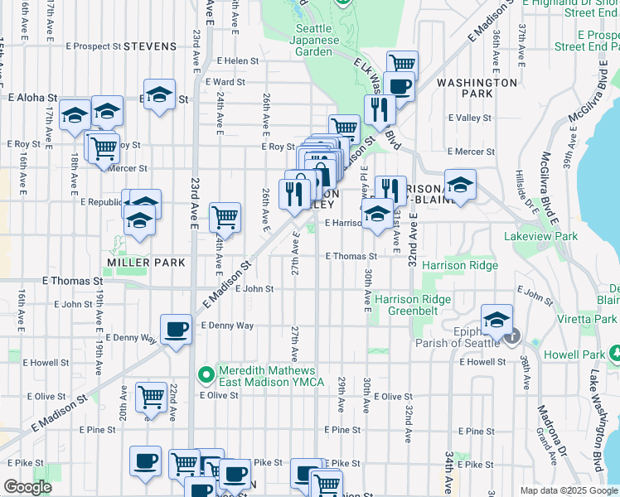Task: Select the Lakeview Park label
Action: click(x=540, y=236)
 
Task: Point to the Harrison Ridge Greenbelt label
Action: click(x=413, y=306)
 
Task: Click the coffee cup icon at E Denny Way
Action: click(x=175, y=330)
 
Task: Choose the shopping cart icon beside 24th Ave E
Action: click(x=225, y=218)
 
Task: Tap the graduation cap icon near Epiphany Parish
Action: click(x=496, y=319)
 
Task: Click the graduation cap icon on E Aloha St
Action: click(x=159, y=94)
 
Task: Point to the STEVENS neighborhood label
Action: click(x=150, y=46)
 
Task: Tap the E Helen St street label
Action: click(x=238, y=60)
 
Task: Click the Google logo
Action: click(x=28, y=487)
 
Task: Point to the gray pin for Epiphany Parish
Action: click(x=513, y=335)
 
